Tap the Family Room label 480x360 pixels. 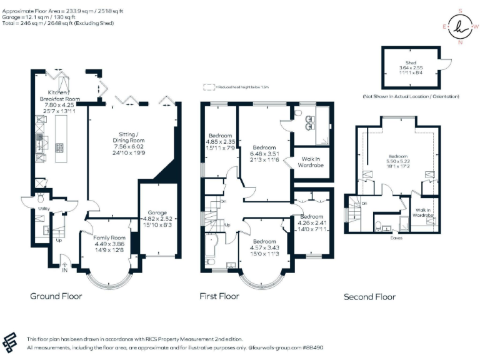pyautogui.click(x=109, y=238)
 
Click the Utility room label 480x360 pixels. pyautogui.click(x=44, y=209)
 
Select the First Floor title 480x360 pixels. pyautogui.click(x=219, y=296)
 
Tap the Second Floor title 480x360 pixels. pyautogui.click(x=369, y=297)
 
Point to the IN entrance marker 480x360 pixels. pyautogui.click(x=64, y=270)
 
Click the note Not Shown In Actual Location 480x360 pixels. pyautogui.click(x=411, y=97)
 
